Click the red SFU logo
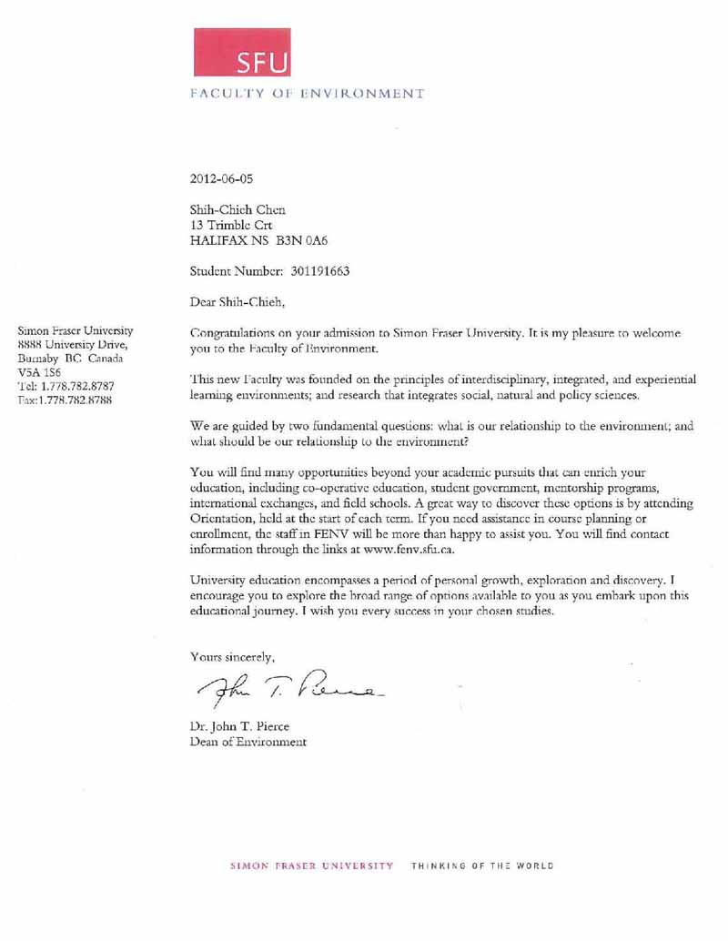pos(242,52)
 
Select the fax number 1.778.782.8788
pos(76,400)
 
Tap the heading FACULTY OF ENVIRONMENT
pos(307,93)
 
